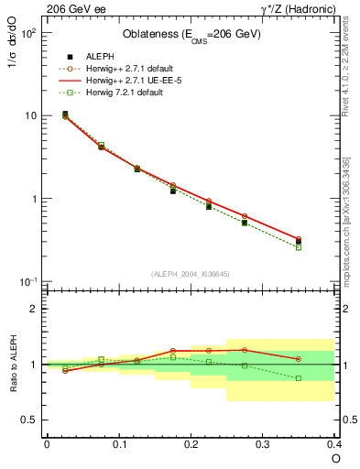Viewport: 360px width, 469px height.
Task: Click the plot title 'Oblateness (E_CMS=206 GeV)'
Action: [x=191, y=35]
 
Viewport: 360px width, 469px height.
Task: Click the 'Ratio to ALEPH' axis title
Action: [x=12, y=365]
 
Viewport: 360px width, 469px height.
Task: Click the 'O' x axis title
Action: [x=335, y=459]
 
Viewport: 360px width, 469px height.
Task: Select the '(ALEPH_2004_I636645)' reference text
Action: [x=191, y=274]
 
